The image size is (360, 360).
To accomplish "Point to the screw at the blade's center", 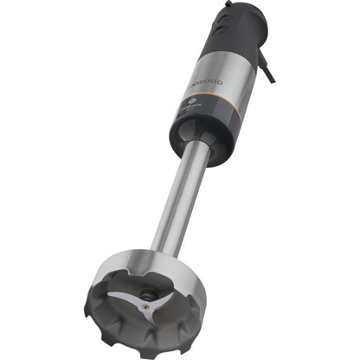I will click(x=147, y=302).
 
